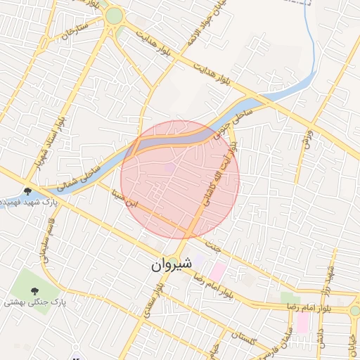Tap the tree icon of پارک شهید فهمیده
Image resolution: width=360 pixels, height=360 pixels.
[27, 191]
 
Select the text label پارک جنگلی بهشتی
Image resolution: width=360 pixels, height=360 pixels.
[35, 302]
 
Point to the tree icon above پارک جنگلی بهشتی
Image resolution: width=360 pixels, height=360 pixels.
[34, 290]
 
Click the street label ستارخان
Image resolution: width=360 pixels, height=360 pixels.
[74, 31]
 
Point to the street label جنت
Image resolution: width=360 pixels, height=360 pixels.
[214, 245]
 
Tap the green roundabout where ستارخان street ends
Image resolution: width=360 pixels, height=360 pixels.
[114, 15]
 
